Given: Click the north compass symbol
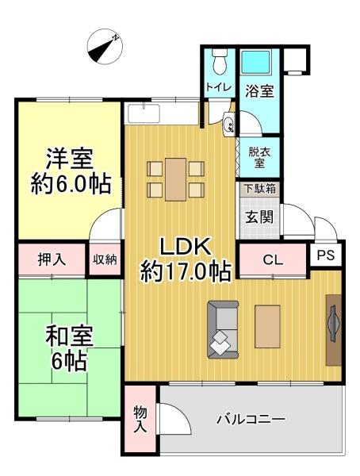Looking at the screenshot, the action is point(105,47).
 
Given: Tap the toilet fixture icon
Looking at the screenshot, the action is point(220,61).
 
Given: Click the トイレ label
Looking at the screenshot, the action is point(219,87).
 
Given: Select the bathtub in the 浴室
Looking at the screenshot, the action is point(255,62).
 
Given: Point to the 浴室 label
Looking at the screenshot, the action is point(259,90).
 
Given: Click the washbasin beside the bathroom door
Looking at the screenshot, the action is point(228,124).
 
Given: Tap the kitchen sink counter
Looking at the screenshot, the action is point(144,113).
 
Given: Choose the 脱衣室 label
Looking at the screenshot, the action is point(259,157).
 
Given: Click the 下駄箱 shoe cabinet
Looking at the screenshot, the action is point(260,189).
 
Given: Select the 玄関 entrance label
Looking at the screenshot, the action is point(259,217).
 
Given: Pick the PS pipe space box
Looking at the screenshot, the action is point(325,255).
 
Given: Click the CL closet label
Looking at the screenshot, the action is point(273,260).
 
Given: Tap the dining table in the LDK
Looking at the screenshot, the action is point(176,179).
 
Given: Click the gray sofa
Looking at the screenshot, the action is point(223,329).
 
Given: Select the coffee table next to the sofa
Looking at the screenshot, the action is point(267,327).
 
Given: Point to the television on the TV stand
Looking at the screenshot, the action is point(334,324).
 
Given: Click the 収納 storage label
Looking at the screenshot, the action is point(105,259).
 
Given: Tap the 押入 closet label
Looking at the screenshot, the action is point(52,259).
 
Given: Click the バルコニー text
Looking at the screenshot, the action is point(251,420).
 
